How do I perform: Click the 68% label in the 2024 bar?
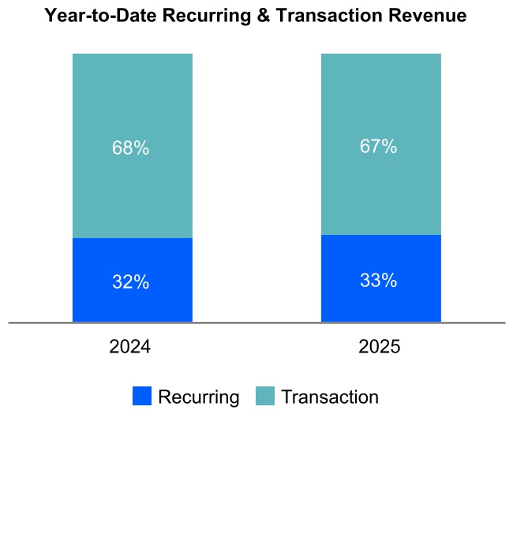131,148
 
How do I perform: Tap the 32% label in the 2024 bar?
131,282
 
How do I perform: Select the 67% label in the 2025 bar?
379,147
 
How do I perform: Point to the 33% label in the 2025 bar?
379,280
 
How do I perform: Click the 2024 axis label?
130,347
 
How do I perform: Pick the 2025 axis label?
379,347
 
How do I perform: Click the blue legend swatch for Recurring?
142,397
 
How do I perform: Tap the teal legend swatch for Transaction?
265,397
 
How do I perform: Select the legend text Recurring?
198,397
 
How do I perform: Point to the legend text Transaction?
330,397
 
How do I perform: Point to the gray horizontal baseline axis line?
256,323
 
